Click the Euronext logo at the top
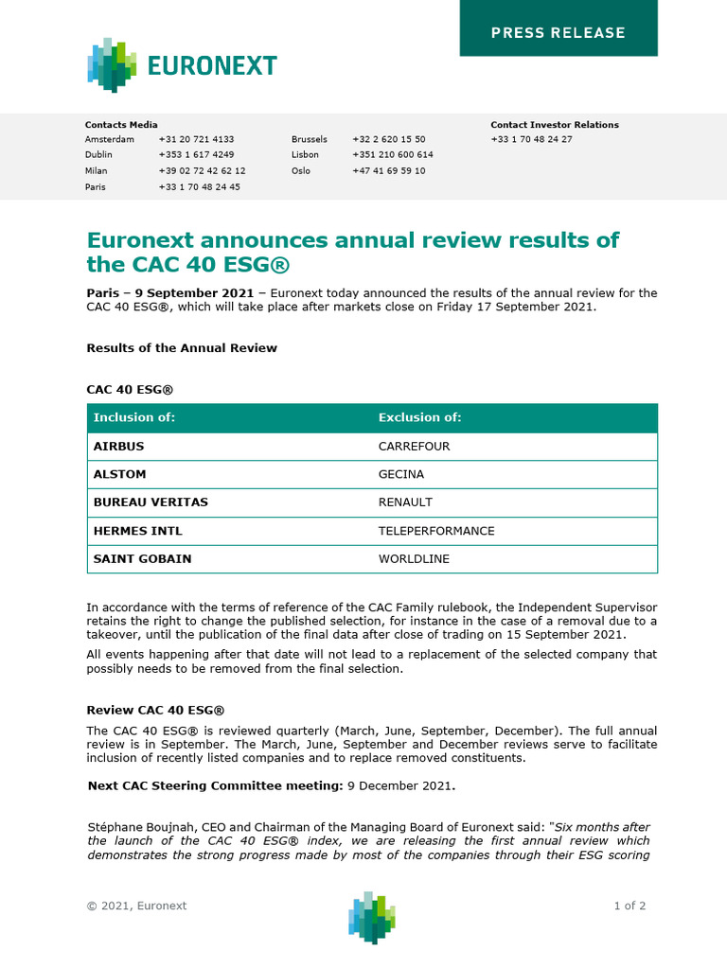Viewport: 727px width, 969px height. click(182, 65)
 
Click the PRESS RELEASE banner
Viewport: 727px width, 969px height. click(558, 32)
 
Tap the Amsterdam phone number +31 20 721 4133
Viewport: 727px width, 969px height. click(196, 139)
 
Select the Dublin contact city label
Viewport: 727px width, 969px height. click(98, 154)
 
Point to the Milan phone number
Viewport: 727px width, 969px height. click(202, 170)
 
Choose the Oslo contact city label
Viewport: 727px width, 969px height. click(301, 170)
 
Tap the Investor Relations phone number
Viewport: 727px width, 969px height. click(531, 139)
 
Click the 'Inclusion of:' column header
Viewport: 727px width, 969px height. click(133, 417)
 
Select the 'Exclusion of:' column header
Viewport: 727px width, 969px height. click(419, 417)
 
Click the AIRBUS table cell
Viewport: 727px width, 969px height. click(118, 446)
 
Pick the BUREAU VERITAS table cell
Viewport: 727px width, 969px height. click(150, 502)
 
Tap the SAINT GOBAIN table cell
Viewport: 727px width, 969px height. click(142, 559)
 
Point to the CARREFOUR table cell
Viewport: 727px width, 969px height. click(414, 446)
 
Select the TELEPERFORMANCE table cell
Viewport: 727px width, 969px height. click(435, 531)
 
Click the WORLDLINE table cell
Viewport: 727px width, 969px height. click(414, 559)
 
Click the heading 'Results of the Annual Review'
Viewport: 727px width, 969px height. click(182, 347)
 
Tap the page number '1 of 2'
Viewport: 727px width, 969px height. click(629, 906)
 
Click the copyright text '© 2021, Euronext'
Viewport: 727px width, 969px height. click(136, 906)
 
